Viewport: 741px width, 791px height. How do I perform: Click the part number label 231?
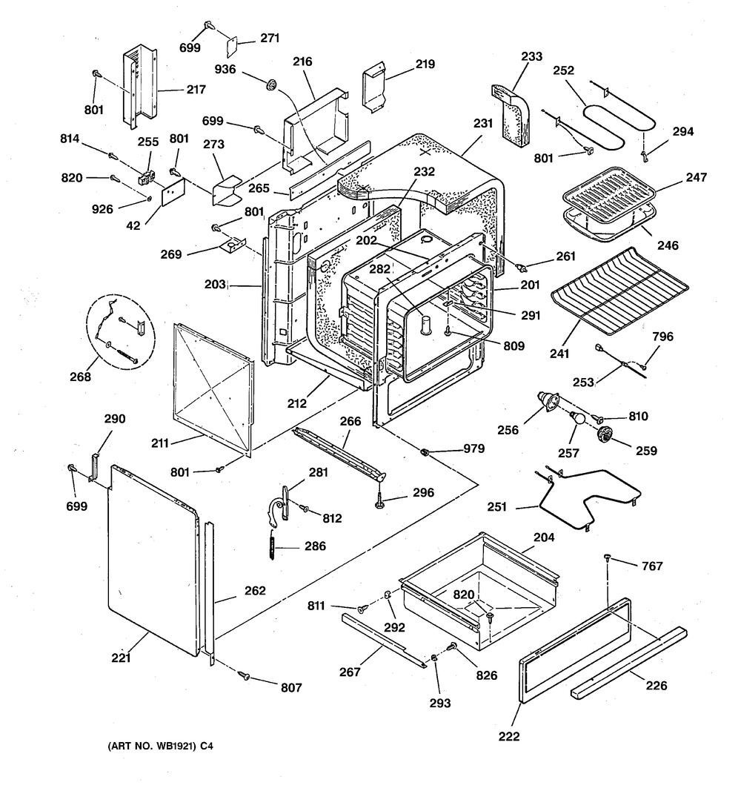click(482, 126)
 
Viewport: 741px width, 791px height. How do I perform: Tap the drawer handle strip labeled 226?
click(629, 663)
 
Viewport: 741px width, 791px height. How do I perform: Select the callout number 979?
click(474, 449)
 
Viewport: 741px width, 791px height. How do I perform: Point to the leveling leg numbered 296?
click(380, 501)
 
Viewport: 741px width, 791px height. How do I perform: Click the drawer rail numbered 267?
click(385, 642)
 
